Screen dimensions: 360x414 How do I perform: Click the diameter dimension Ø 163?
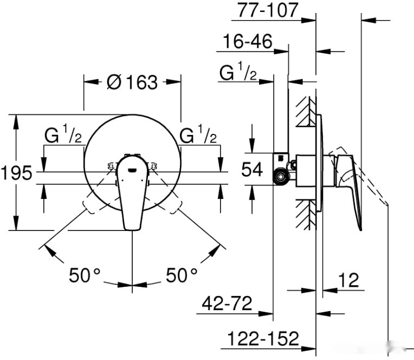(132, 82)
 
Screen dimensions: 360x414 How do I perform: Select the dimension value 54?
(251, 170)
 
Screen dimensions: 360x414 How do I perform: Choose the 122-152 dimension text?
(262, 339)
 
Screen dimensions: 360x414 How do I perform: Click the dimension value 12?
(348, 280)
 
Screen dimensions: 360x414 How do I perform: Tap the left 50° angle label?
(85, 275)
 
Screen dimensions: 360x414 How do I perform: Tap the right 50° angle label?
(181, 275)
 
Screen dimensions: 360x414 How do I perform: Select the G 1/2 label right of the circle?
(198, 136)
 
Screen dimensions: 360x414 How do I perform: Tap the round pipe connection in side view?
(281, 175)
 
